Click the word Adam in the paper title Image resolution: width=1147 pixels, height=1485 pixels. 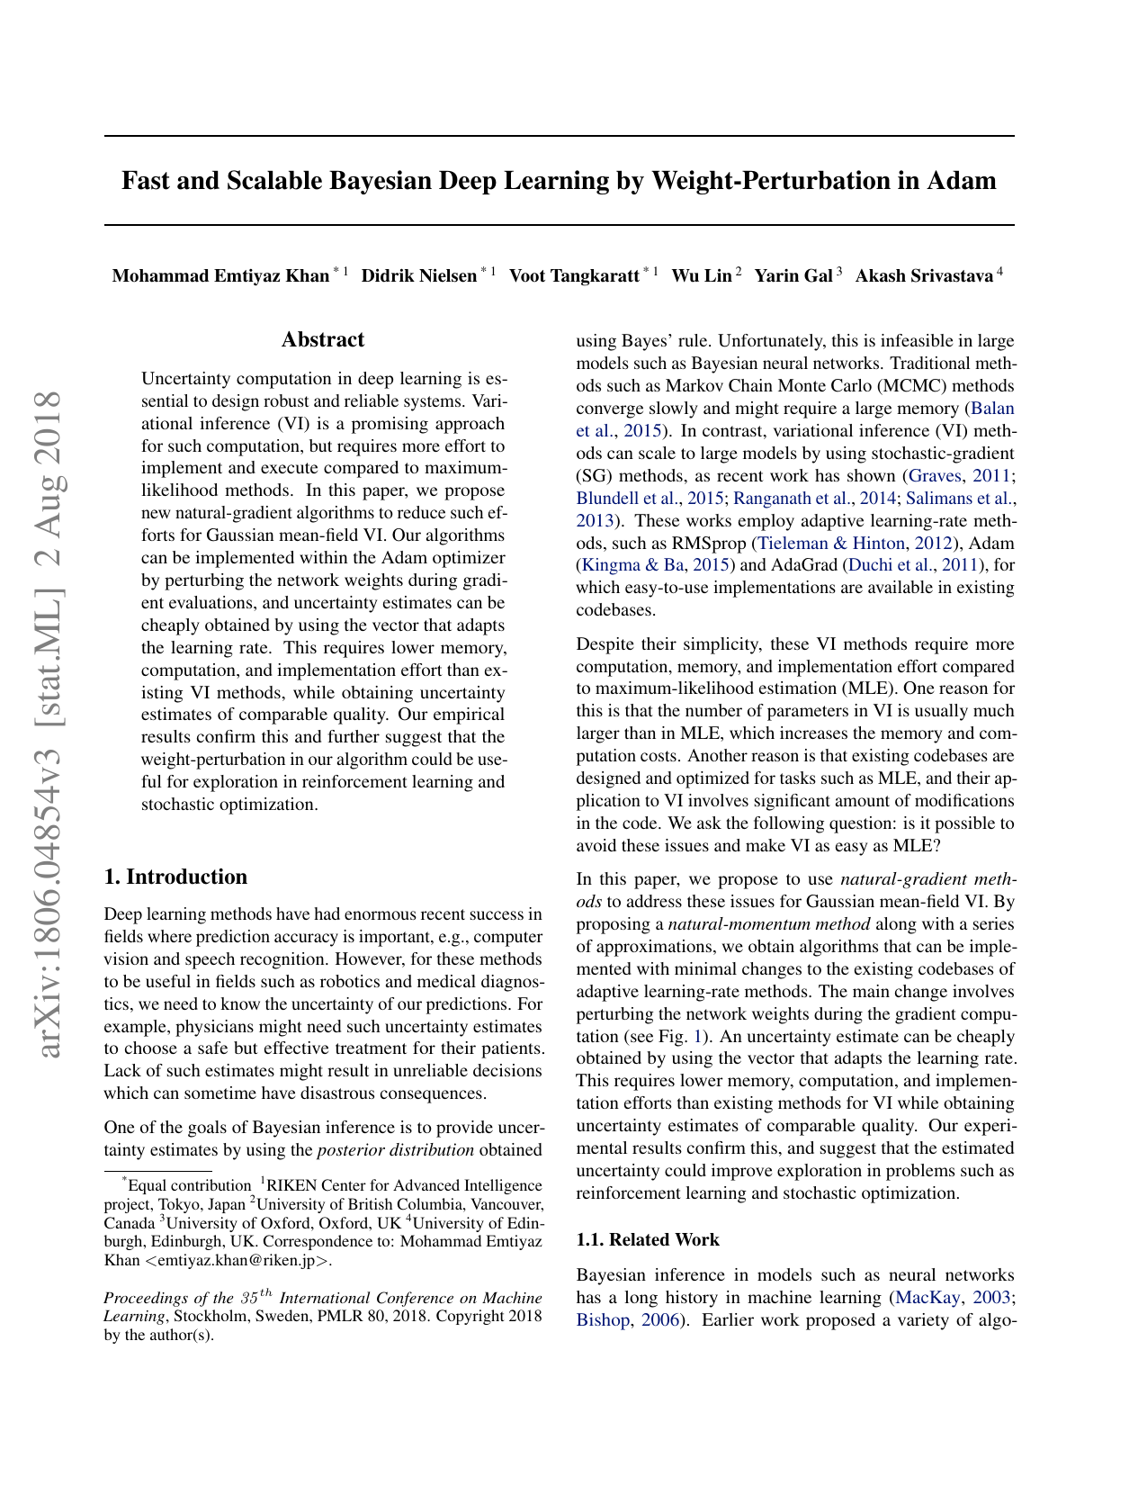[960, 181]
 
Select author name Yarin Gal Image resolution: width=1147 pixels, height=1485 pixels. [793, 275]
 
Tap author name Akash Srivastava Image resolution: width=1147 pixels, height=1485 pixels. [924, 275]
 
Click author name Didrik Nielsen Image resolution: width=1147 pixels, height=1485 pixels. [418, 275]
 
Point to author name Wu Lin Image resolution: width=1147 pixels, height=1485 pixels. [702, 275]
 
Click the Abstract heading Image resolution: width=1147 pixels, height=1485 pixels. [323, 339]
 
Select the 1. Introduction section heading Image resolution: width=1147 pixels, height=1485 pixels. [175, 877]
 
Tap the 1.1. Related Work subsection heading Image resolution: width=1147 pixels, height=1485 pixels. [647, 1239]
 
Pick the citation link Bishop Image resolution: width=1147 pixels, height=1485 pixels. [603, 1319]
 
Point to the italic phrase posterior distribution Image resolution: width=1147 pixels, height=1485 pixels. [396, 1149]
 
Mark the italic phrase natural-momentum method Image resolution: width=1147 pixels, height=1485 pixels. [769, 923]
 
